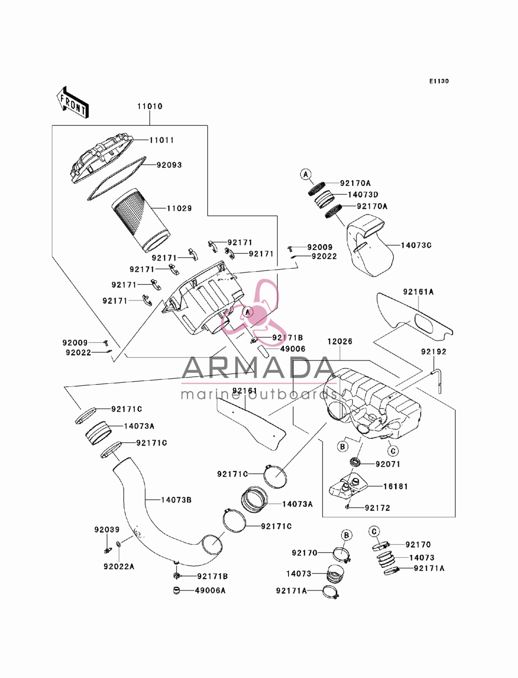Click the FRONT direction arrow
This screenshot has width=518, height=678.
pyautogui.click(x=73, y=102)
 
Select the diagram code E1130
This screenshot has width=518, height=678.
pyautogui.click(x=439, y=81)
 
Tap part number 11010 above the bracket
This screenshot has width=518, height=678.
pyautogui.click(x=150, y=106)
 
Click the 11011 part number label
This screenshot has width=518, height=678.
pyautogui.click(x=162, y=140)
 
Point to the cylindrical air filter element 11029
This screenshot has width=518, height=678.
pyautogui.click(x=141, y=220)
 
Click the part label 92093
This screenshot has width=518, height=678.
pyautogui.click(x=169, y=165)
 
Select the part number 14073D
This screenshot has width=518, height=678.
pyautogui.click(x=363, y=195)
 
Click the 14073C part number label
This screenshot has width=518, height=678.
pyautogui.click(x=416, y=246)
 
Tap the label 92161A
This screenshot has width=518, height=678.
pyautogui.click(x=418, y=292)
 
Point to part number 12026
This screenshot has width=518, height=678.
pyautogui.click(x=340, y=341)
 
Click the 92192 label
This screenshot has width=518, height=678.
pyautogui.click(x=434, y=352)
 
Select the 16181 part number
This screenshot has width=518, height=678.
pyautogui.click(x=396, y=486)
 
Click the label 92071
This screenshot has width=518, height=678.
pyautogui.click(x=388, y=464)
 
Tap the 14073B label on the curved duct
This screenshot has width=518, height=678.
pyautogui.click(x=176, y=500)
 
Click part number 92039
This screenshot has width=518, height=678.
pyautogui.click(x=107, y=530)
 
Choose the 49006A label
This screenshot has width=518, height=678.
pyautogui.click(x=210, y=590)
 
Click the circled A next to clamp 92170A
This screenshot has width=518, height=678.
pyautogui.click(x=306, y=175)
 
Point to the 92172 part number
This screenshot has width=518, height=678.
pyautogui.click(x=378, y=508)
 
